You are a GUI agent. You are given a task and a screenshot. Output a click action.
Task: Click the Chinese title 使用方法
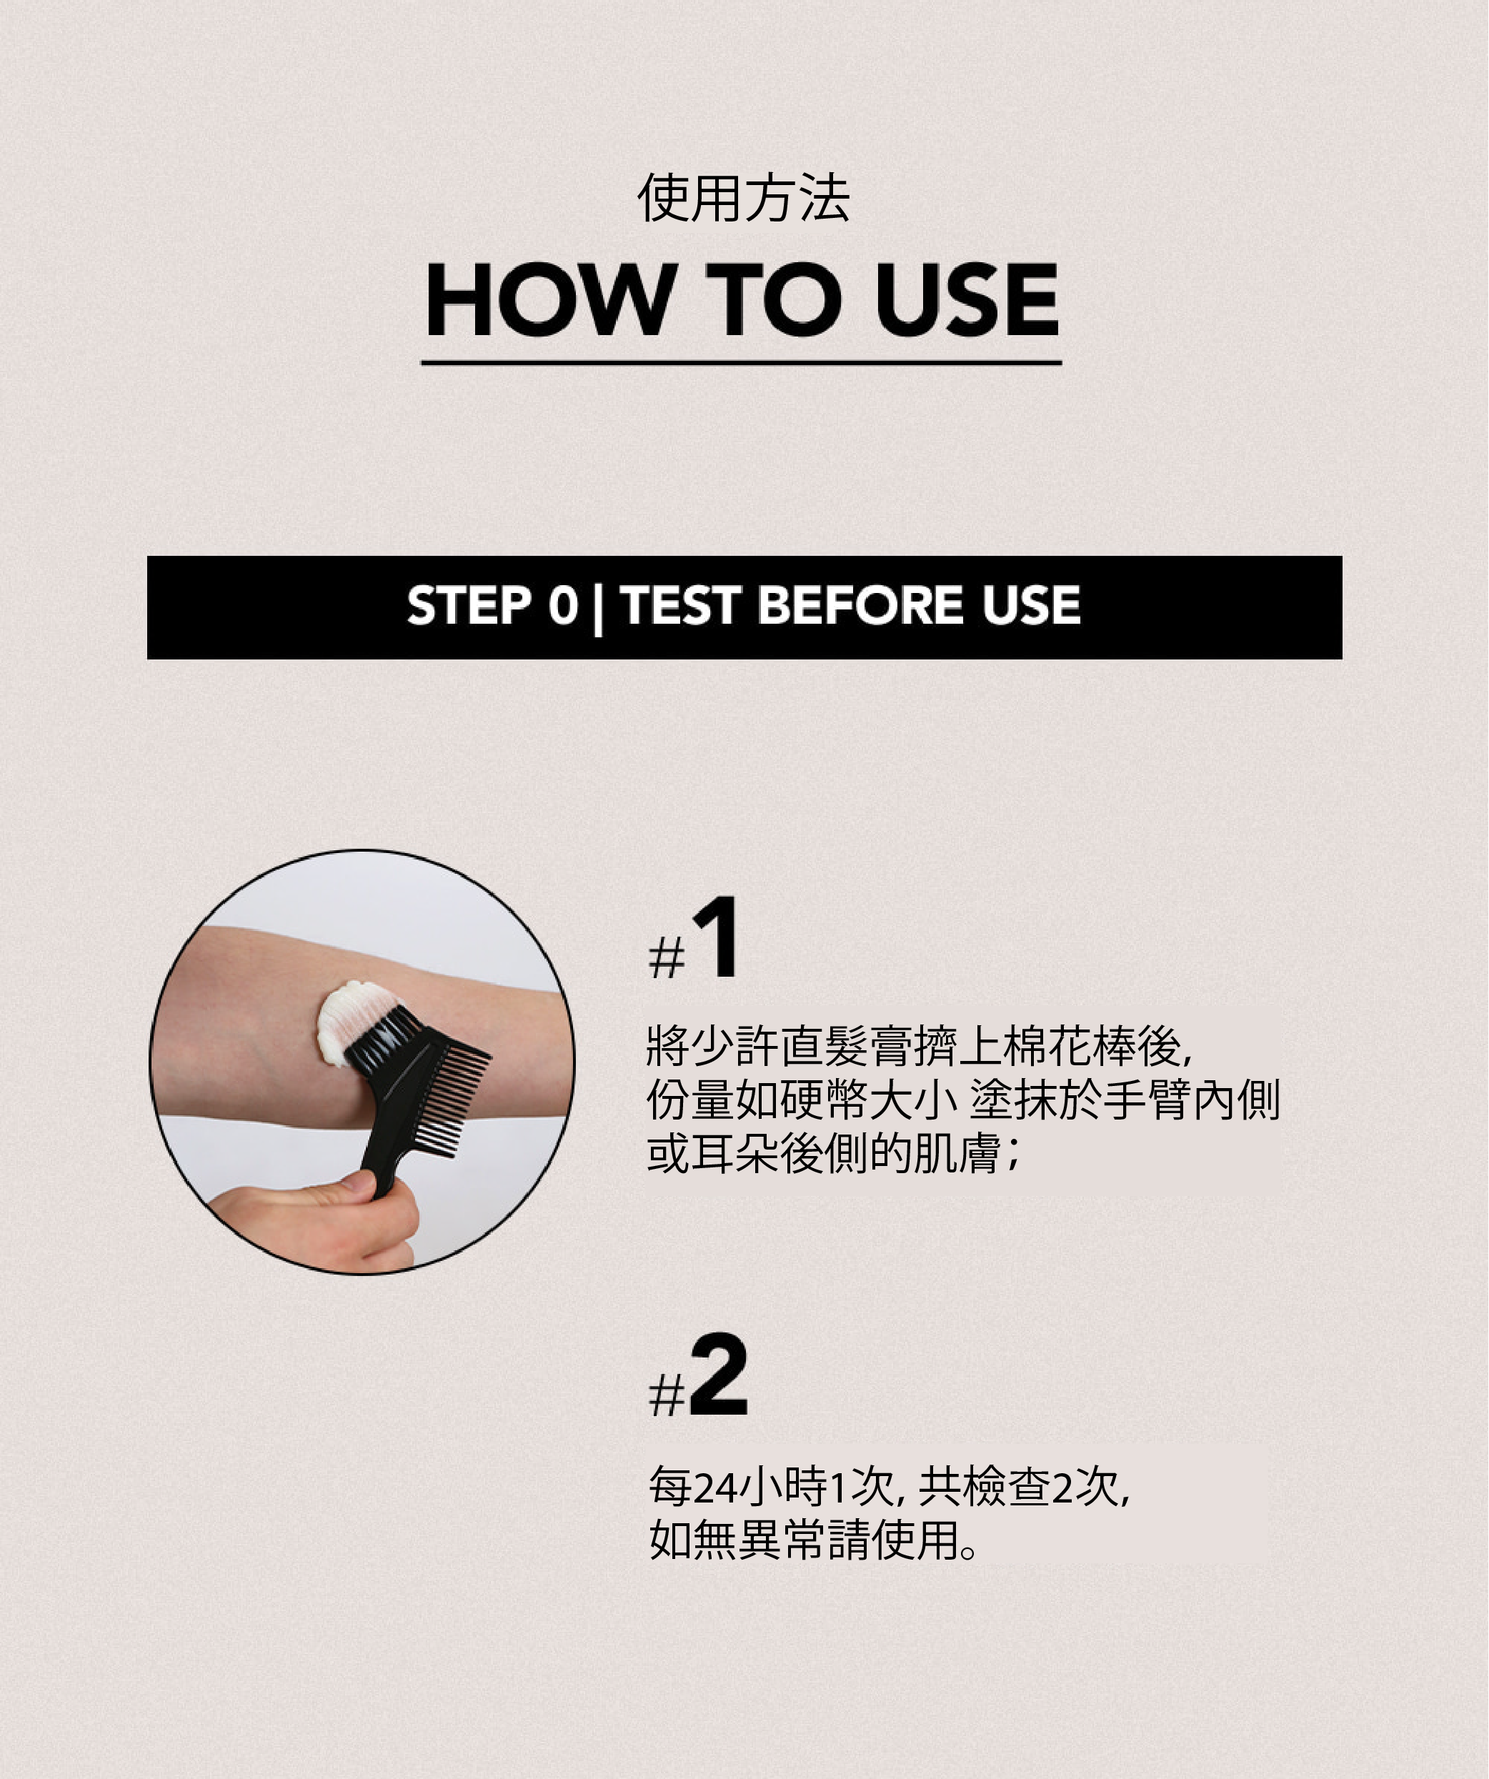tap(744, 198)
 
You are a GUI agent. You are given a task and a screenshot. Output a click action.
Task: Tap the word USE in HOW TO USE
tap(967, 299)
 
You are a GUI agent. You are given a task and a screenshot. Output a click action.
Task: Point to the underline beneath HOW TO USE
tap(741, 362)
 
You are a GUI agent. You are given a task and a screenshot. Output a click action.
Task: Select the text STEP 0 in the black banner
tap(492, 605)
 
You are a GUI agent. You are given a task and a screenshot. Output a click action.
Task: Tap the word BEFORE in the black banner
tap(860, 605)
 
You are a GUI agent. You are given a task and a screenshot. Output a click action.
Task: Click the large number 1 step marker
tap(717, 939)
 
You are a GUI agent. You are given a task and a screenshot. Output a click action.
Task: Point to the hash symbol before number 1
tap(667, 959)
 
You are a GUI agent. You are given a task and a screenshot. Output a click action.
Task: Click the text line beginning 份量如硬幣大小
tap(963, 1099)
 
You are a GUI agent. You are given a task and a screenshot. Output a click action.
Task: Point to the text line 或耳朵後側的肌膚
tap(835, 1152)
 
